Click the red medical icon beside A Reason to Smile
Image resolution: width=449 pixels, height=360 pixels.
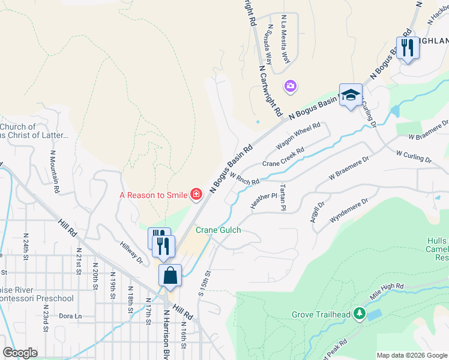[196, 194]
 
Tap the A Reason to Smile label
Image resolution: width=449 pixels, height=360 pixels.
[153, 194]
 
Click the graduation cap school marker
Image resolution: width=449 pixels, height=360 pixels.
[351, 95]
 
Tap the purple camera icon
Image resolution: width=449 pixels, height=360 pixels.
[291, 87]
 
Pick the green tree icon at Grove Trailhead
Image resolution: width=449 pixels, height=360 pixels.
[360, 313]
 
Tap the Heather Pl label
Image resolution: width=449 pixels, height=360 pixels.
[264, 200]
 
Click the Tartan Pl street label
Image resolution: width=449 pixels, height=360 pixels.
[280, 197]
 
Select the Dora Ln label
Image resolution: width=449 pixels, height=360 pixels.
[70, 316]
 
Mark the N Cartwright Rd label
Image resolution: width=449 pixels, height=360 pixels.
[270, 91]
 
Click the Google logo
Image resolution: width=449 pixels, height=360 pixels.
[20, 353]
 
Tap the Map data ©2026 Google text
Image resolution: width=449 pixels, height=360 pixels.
[412, 355]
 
